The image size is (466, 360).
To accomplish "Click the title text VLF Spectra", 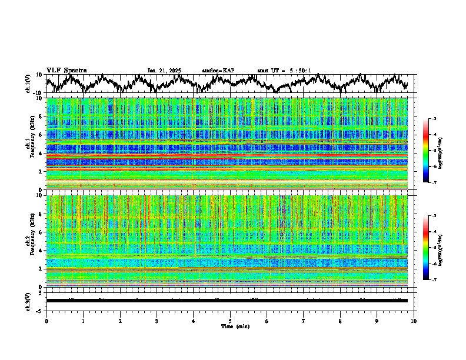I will (66, 71).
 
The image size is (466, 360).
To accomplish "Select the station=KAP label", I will (218, 71).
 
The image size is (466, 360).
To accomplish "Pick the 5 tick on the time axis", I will (230, 321).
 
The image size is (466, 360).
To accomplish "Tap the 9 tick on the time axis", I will (377, 321).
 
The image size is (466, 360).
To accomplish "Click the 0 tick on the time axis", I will (46, 321).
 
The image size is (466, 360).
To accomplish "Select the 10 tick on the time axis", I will (414, 321).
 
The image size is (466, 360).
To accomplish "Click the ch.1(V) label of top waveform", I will (28, 83).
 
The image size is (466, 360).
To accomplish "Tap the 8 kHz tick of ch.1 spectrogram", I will (41, 116).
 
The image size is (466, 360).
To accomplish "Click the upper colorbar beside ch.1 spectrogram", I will (425, 151).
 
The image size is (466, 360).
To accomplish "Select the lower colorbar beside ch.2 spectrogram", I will (425, 248).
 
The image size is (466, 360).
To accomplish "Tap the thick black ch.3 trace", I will (229, 301).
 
